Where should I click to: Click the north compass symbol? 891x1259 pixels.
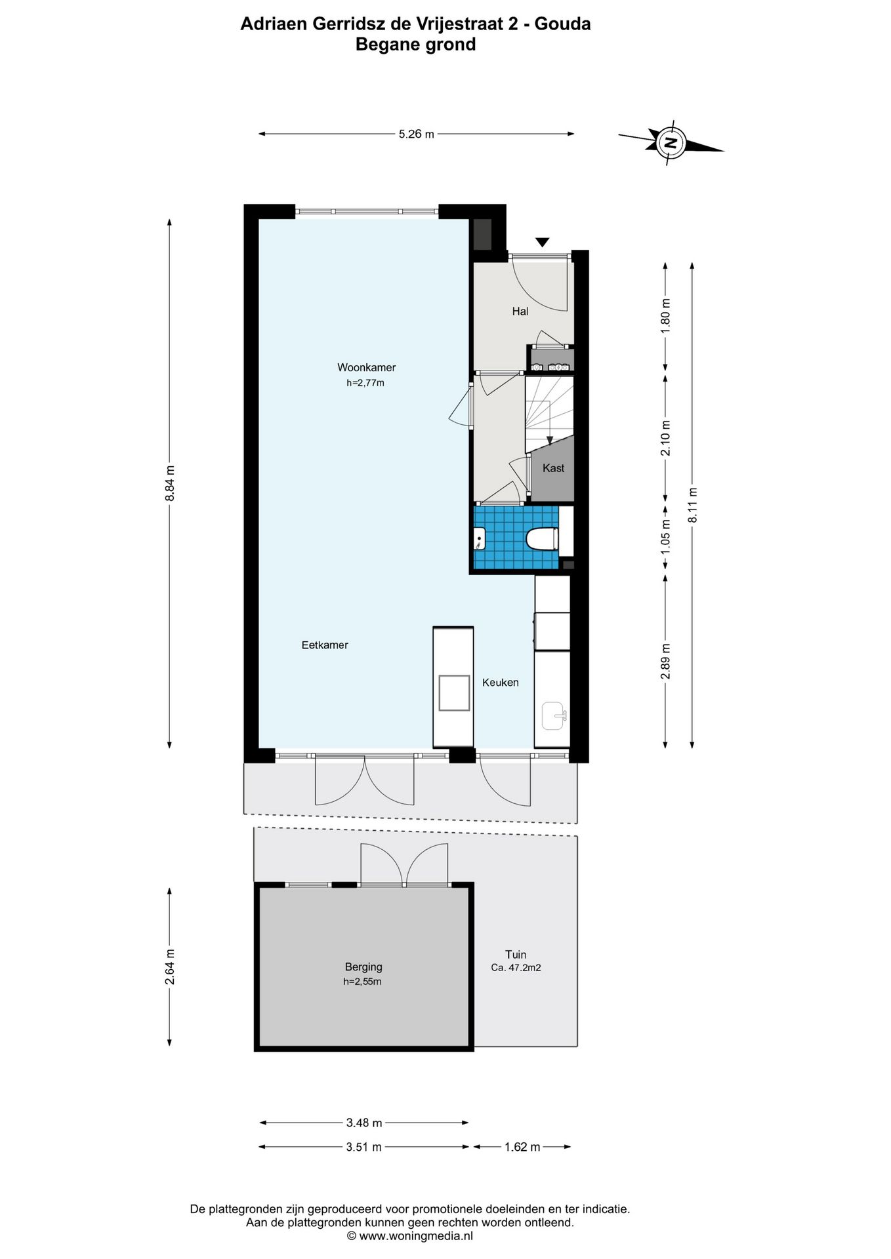point(670,142)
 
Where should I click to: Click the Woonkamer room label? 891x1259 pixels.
point(366,367)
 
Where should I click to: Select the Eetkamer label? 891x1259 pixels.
point(325,645)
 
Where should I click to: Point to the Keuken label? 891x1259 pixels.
point(500,683)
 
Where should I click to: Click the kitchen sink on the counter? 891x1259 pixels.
point(555,715)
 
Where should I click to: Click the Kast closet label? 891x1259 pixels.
point(553,468)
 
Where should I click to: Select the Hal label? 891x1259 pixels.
point(520,311)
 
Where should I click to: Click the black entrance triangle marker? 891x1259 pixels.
point(542,243)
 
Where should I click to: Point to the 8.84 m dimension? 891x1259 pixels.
point(170,483)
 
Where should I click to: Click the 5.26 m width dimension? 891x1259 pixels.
point(417,134)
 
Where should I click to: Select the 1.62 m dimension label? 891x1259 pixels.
point(522,1147)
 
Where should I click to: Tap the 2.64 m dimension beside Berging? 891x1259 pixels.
point(170,967)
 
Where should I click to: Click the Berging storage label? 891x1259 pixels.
point(363,967)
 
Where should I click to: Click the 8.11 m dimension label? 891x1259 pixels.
point(692,505)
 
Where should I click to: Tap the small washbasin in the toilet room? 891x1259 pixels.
point(480,540)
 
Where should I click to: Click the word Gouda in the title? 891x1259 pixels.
point(563,24)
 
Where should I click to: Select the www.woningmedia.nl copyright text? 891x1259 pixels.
point(409,1236)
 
